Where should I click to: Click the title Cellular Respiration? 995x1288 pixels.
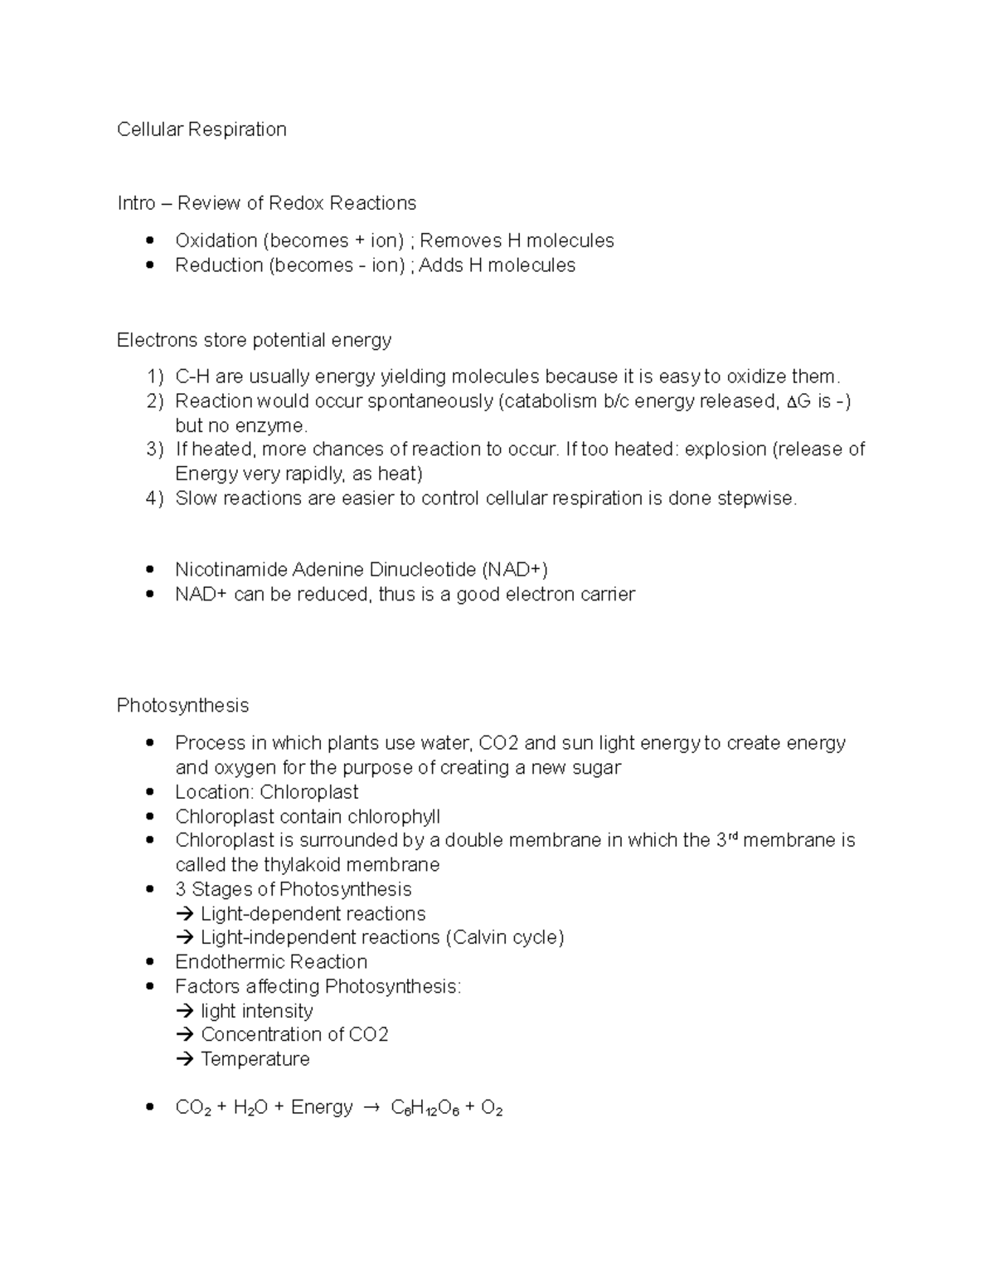coord(201,129)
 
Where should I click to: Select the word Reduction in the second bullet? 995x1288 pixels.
coord(218,265)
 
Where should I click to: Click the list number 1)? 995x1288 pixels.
coord(155,377)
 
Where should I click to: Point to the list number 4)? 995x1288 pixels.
coord(155,498)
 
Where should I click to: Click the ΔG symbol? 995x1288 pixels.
coord(798,401)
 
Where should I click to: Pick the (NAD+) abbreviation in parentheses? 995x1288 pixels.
coord(514,570)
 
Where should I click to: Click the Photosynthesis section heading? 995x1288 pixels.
coord(182,706)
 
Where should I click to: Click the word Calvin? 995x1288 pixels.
coord(480,937)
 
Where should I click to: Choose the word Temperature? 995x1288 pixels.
coord(255,1059)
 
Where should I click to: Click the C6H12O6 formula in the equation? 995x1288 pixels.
coord(425,1109)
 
